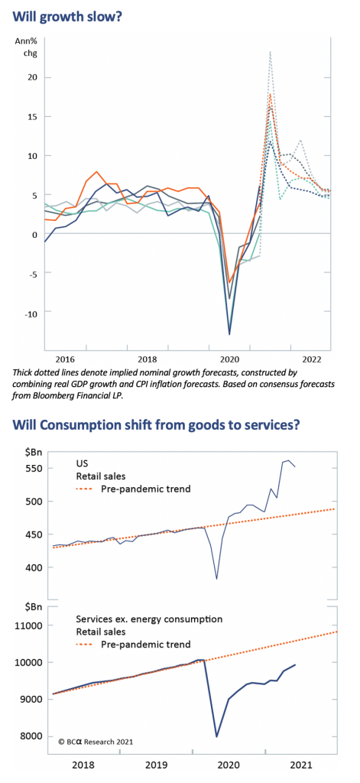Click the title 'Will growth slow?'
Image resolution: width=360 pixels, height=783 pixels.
67,16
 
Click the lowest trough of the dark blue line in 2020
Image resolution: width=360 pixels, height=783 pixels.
229,334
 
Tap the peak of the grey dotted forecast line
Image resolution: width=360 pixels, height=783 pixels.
270,51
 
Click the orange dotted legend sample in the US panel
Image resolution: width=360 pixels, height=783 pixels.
85,489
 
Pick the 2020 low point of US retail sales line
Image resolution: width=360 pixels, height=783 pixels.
217,579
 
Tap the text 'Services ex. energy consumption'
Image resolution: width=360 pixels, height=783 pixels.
149,619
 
